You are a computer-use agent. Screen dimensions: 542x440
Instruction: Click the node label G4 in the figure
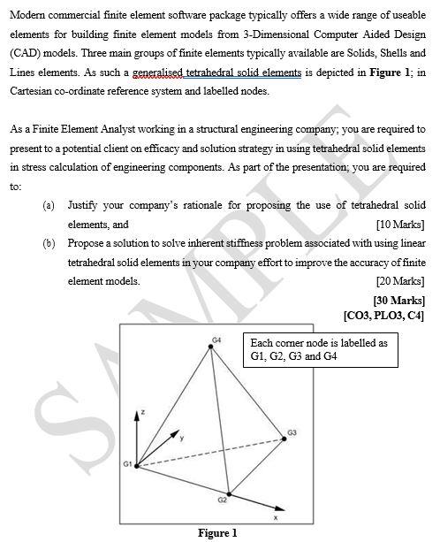(216, 339)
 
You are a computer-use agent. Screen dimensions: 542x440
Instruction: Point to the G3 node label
(292, 432)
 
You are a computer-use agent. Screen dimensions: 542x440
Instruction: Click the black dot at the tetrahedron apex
(211, 347)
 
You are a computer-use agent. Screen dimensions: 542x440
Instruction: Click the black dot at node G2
(229, 494)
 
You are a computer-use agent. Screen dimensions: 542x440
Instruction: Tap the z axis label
(140, 413)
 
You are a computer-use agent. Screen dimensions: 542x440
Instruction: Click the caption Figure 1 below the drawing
(217, 533)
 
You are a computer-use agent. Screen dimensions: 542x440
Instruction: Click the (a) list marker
(49, 205)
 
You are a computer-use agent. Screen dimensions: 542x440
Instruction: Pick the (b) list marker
(49, 242)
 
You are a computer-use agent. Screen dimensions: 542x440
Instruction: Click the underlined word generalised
(167, 73)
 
